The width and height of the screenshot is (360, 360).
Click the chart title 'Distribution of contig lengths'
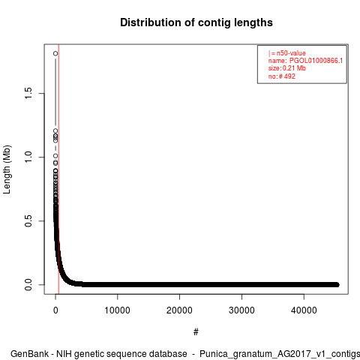click(196, 22)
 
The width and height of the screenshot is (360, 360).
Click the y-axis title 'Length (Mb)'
click(7, 169)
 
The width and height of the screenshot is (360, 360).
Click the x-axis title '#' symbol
click(196, 331)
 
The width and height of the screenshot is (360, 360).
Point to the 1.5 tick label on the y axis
click(28, 93)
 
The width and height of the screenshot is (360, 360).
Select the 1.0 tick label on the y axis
click(28, 157)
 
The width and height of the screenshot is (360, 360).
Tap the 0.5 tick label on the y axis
click(28, 220)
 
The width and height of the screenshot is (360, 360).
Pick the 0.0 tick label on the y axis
click(28, 284)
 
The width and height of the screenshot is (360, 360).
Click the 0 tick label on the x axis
click(55, 310)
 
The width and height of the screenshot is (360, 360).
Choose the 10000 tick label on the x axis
click(117, 310)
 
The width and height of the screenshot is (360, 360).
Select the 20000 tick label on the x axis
click(179, 310)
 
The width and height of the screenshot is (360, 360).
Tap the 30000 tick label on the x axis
click(241, 310)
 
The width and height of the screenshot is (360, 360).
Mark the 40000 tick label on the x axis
click(304, 310)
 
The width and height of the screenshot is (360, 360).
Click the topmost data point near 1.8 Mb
click(55, 53)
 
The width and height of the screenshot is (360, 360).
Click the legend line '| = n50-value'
click(287, 53)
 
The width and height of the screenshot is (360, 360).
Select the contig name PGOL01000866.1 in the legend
click(316, 61)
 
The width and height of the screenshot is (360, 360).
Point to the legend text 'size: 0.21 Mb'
click(287, 68)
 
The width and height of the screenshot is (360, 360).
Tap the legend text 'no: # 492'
click(282, 76)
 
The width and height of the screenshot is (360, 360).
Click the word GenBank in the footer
click(30, 354)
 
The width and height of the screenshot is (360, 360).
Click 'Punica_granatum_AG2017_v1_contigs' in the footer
click(280, 354)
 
